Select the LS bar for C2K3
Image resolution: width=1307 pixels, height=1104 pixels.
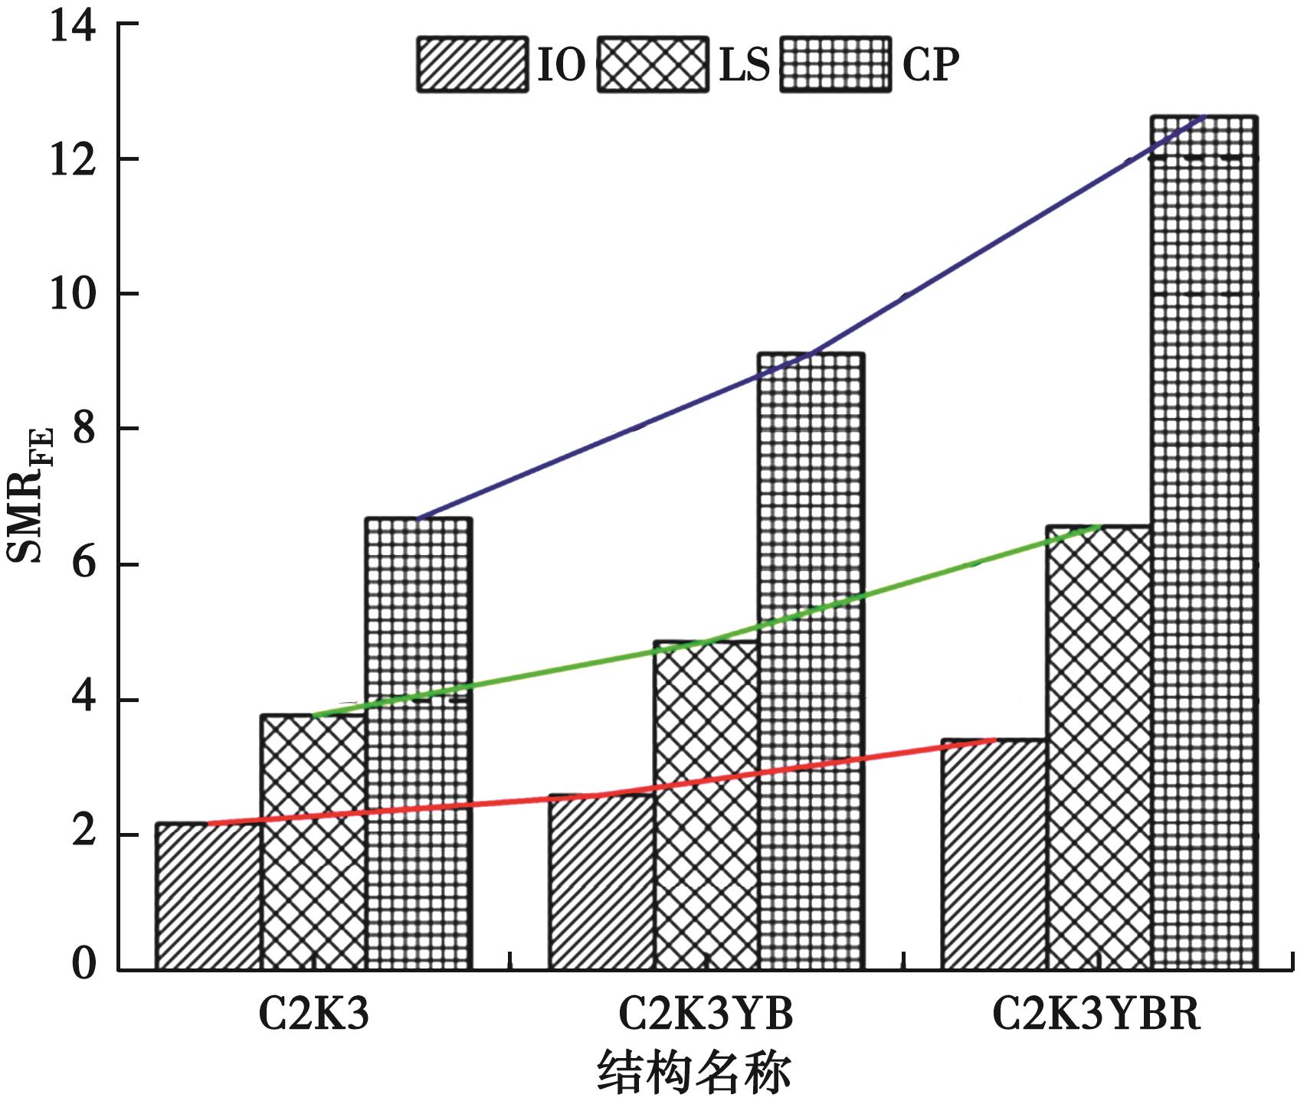point(313,842)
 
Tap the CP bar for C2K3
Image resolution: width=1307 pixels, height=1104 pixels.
point(418,743)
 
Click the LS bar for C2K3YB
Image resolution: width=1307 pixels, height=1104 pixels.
point(706,804)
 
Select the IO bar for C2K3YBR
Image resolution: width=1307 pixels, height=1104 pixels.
point(994,854)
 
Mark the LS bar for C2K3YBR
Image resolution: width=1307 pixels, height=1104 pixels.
point(1099,747)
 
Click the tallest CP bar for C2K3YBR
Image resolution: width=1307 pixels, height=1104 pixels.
point(1204,544)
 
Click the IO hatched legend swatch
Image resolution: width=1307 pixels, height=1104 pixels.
point(472,64)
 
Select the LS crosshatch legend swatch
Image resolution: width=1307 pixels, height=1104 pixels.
point(653,64)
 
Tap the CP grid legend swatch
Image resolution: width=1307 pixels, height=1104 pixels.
point(835,64)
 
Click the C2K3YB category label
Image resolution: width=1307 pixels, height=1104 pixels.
point(706,1014)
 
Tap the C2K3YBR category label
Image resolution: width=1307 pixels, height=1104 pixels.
point(1096,1014)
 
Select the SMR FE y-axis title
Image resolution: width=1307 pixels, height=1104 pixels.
point(29,494)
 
